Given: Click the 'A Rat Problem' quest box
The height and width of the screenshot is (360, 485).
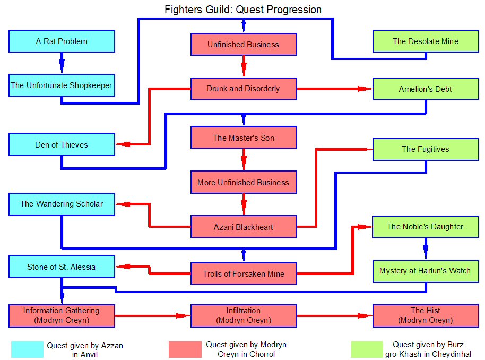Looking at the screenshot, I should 62,41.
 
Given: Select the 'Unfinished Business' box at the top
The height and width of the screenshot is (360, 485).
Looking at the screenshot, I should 244,45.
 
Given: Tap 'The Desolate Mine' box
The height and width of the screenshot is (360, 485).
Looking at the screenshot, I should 426,41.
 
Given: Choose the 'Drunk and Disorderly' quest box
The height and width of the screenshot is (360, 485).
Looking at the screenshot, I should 244,89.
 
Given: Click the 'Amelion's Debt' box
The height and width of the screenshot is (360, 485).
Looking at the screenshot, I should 426,89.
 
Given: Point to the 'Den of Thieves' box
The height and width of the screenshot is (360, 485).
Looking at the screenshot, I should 62,144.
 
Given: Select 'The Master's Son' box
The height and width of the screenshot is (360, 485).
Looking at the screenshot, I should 244,138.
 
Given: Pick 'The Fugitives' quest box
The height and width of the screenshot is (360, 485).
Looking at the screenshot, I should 426,149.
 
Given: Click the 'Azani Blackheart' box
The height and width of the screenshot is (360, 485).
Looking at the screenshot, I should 244,227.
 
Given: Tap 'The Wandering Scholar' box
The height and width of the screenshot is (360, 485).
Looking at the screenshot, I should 62,204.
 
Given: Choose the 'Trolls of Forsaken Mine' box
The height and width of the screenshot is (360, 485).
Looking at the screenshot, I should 244,274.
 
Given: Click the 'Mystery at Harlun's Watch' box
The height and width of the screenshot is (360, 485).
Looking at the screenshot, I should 426,271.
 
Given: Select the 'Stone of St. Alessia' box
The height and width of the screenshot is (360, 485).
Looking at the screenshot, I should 62,267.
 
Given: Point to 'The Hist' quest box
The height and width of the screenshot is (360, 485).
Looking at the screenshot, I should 426,315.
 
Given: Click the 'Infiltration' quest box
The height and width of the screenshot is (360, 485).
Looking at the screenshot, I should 244,315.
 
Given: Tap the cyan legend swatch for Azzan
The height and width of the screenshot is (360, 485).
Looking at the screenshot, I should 27,349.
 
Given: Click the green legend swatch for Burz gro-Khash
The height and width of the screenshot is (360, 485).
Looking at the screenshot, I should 367,349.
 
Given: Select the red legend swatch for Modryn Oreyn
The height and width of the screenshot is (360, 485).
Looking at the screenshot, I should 185,349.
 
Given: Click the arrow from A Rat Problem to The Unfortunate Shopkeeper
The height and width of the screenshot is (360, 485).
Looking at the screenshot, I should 62,63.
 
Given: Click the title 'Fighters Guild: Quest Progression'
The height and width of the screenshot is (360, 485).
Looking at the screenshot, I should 243,10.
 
